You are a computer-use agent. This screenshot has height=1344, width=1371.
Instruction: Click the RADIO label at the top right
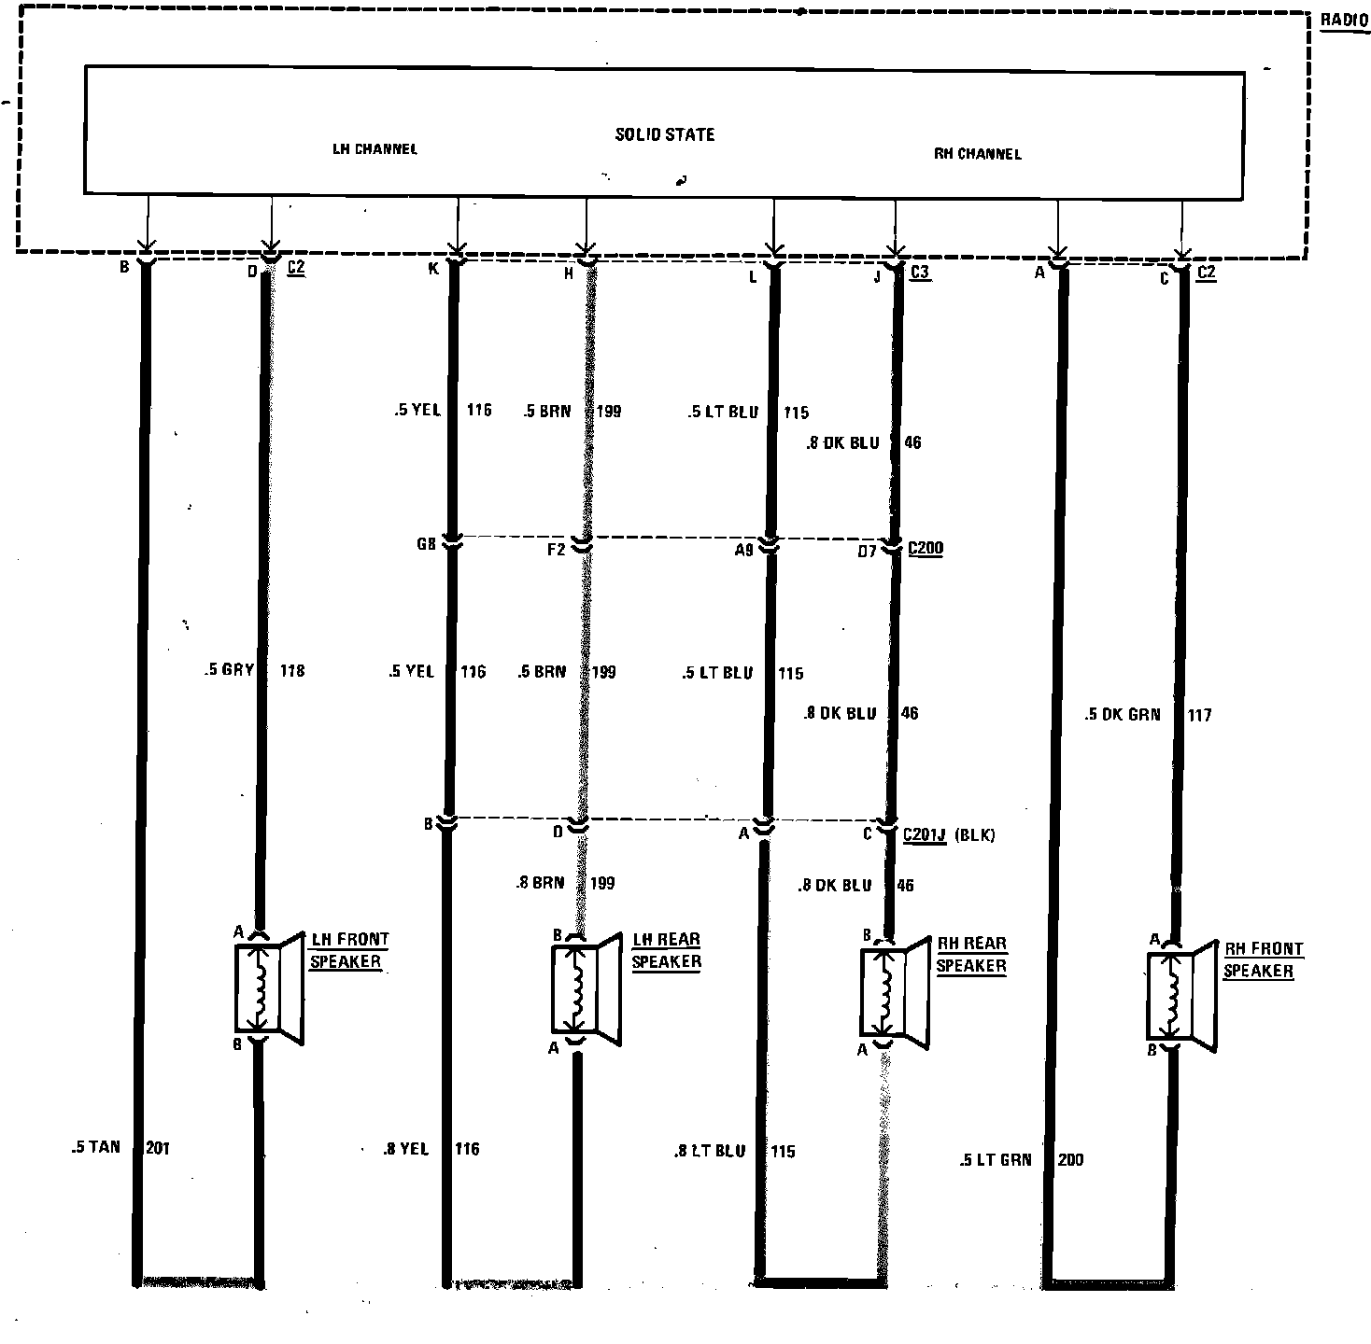click(x=1343, y=20)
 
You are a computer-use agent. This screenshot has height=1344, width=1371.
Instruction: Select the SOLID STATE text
click(x=664, y=134)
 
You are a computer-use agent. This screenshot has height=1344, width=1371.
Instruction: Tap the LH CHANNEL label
click(x=375, y=148)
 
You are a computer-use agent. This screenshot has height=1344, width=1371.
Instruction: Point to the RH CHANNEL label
click(x=977, y=154)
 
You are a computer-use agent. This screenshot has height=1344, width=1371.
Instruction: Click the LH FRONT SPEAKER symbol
click(x=267, y=987)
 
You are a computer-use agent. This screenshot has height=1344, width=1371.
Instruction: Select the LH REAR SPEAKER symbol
click(x=585, y=987)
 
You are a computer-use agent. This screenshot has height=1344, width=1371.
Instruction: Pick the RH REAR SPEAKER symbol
click(x=893, y=991)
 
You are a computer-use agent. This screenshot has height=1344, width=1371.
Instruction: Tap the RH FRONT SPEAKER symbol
click(x=1180, y=995)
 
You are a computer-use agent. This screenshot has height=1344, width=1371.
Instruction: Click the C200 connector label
click(x=925, y=548)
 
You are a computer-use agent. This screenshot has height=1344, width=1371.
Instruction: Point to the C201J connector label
click(x=925, y=834)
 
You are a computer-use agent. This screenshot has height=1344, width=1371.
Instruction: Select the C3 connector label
click(x=919, y=272)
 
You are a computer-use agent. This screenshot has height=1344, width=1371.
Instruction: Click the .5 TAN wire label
click(x=96, y=1147)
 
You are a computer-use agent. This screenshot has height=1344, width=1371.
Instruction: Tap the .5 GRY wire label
click(x=229, y=669)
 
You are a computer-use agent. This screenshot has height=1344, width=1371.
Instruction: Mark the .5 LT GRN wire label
click(x=995, y=1159)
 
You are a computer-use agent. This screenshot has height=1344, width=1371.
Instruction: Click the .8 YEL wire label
click(x=405, y=1149)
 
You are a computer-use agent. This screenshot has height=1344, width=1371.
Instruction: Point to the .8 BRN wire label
click(x=540, y=882)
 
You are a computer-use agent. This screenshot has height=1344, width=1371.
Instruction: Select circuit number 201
click(x=158, y=1148)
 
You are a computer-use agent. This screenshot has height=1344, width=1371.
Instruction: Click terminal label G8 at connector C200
click(x=427, y=543)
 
